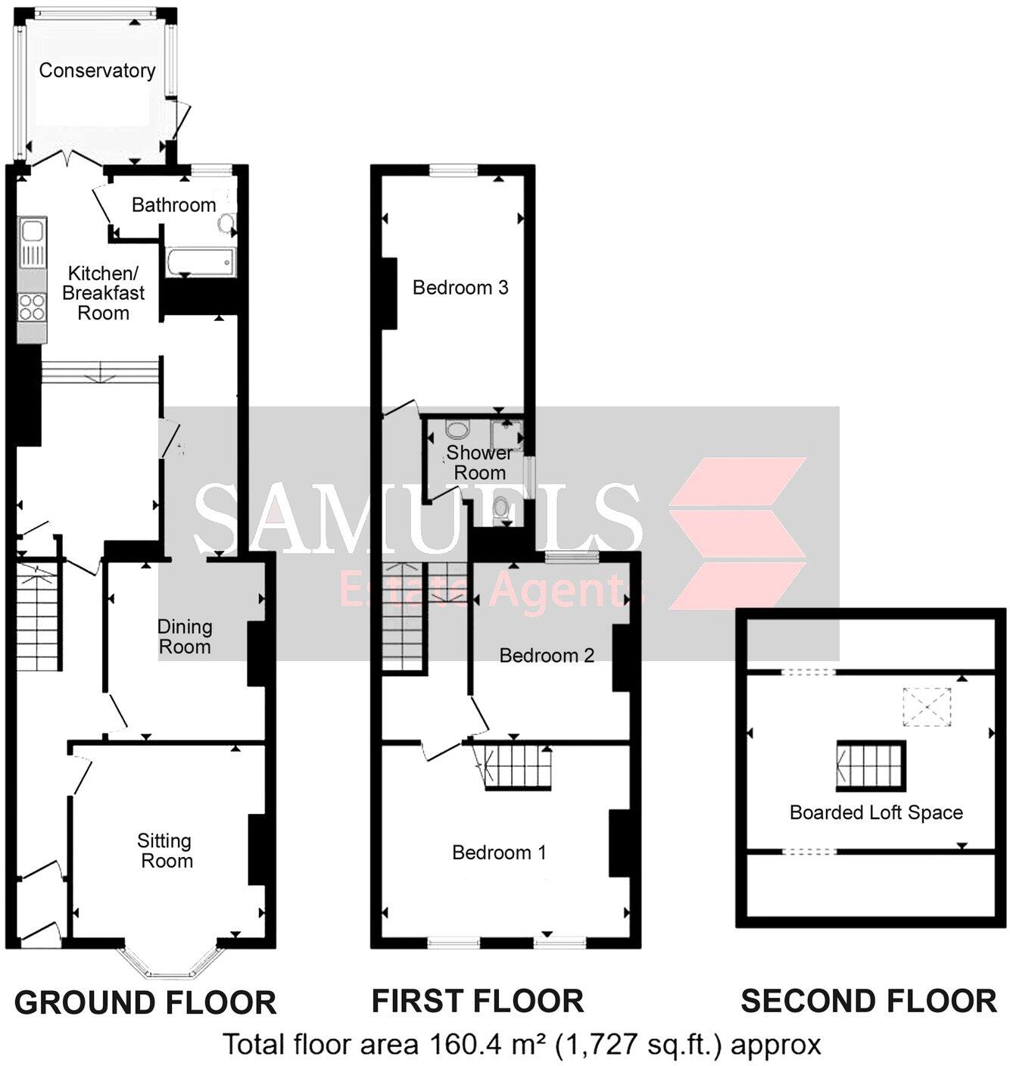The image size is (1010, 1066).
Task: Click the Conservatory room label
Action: [x=97, y=70]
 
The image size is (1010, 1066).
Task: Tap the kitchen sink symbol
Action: [x=32, y=243]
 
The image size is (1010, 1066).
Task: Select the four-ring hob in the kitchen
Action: [x=32, y=307]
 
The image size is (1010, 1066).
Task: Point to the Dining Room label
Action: [x=184, y=637]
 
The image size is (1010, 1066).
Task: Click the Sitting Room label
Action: [x=165, y=850]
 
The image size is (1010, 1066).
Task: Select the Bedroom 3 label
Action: [x=460, y=288]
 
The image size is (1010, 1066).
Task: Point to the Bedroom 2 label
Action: [x=546, y=655]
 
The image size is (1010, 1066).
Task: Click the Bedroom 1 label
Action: [x=498, y=852]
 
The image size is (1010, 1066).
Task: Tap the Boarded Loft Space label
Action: [x=875, y=812]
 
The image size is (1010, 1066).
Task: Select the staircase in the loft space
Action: [x=871, y=765]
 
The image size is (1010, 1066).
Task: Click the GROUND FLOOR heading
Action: [x=145, y=1002]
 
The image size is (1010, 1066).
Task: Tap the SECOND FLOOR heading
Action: [x=868, y=1001]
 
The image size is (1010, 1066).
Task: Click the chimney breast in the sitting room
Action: [x=257, y=849]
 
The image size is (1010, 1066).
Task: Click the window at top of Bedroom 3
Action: [x=454, y=170]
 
